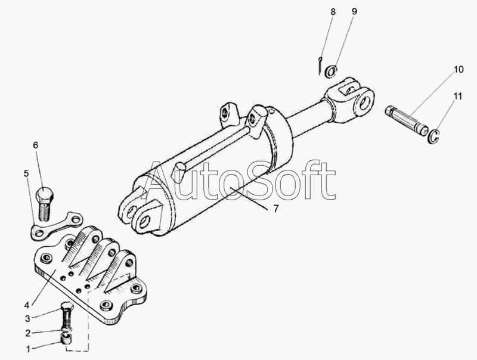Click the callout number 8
tap(333, 12)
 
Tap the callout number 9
tap(354, 11)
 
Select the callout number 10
tap(459, 69)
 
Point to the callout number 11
tap(458, 96)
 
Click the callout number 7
tap(275, 209)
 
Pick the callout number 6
tap(36, 145)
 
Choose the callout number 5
tap(26, 173)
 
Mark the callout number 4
tap(27, 305)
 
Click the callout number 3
tap(27, 319)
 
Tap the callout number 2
tap(27, 333)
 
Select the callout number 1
tap(28, 349)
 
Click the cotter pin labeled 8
tap(320, 66)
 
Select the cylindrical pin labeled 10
tap(407, 120)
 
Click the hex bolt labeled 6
tap(44, 204)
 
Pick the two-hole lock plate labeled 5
tap(57, 226)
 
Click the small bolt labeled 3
tap(67, 315)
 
